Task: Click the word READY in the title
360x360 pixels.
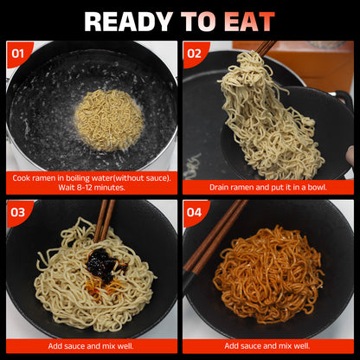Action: point(128,22)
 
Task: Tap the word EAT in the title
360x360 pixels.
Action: point(249,22)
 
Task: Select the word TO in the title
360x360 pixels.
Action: point(199,22)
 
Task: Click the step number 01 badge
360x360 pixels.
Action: point(18,54)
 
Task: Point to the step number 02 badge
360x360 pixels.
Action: point(194,54)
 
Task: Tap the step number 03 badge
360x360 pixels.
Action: point(18,213)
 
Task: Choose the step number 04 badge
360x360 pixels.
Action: point(194,213)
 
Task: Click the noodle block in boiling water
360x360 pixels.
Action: point(109,120)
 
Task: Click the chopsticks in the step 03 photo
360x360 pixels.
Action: point(104,221)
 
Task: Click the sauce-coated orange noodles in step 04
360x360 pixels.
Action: point(267,274)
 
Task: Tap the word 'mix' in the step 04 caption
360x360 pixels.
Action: point(277,346)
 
